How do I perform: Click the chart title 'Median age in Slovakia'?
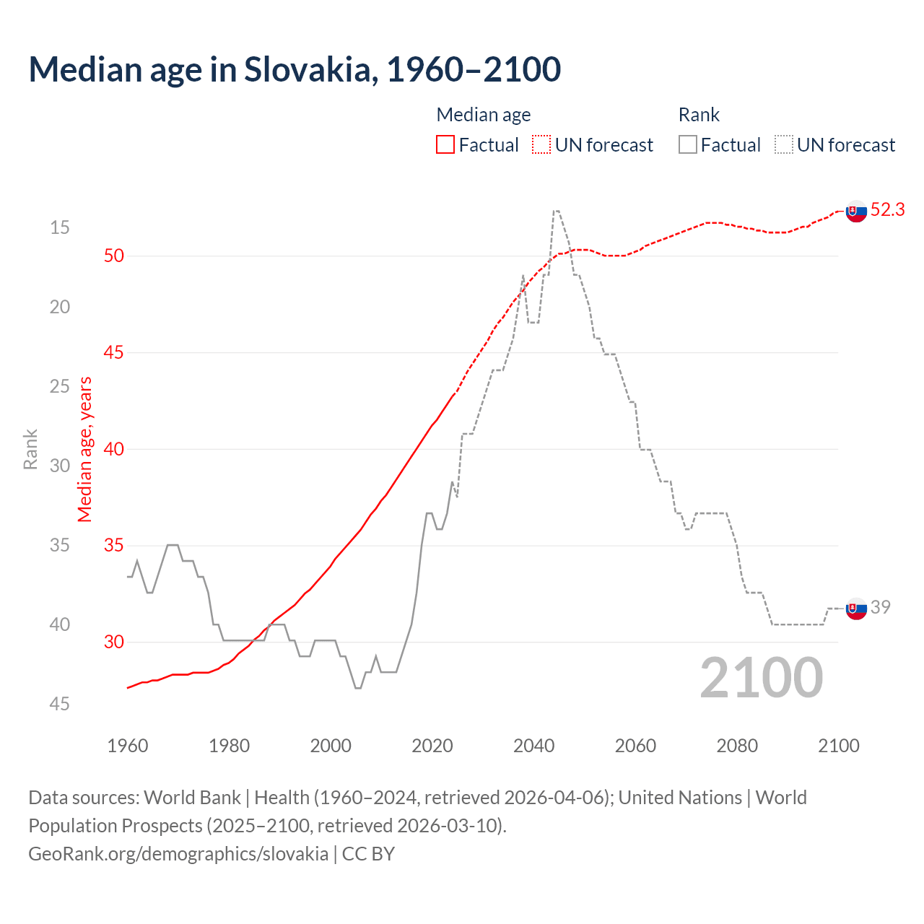coord(295,70)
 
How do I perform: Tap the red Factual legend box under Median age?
coord(445,145)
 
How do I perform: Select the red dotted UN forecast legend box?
coord(541,145)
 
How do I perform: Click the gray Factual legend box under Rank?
coord(688,145)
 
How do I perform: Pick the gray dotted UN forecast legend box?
coord(784,145)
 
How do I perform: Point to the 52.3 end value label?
coord(887,209)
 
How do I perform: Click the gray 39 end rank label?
coord(880,607)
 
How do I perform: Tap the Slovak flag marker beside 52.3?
coord(856,212)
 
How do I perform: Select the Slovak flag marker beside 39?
coord(856,609)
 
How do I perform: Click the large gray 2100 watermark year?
coord(762,677)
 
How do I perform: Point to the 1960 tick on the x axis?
coord(128,746)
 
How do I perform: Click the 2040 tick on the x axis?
coord(534,746)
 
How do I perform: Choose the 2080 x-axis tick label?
coord(737,746)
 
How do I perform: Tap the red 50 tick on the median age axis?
coord(114,256)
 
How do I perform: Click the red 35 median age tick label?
coord(114,546)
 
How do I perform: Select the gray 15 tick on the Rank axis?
coord(60,228)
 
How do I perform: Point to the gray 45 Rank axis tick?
coord(60,704)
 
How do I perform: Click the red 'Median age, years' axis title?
coord(85,449)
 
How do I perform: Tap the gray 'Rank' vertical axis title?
coord(30,449)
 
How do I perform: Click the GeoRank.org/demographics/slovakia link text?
coord(178,854)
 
